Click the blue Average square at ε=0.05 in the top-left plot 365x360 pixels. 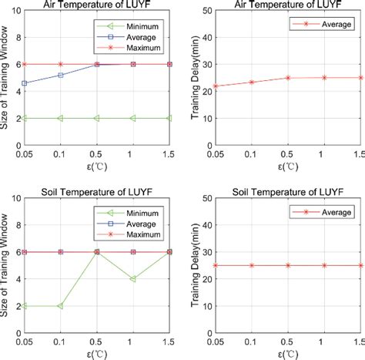point(25,83)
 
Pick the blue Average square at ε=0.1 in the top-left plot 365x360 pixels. point(61,75)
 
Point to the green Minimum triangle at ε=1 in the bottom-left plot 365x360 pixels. point(133,279)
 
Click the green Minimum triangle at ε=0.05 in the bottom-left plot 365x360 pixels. point(25,306)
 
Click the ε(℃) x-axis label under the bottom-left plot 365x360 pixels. point(98,354)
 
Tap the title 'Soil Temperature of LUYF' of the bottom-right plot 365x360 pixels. point(286,189)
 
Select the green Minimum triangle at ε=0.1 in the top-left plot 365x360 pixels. point(61,118)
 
